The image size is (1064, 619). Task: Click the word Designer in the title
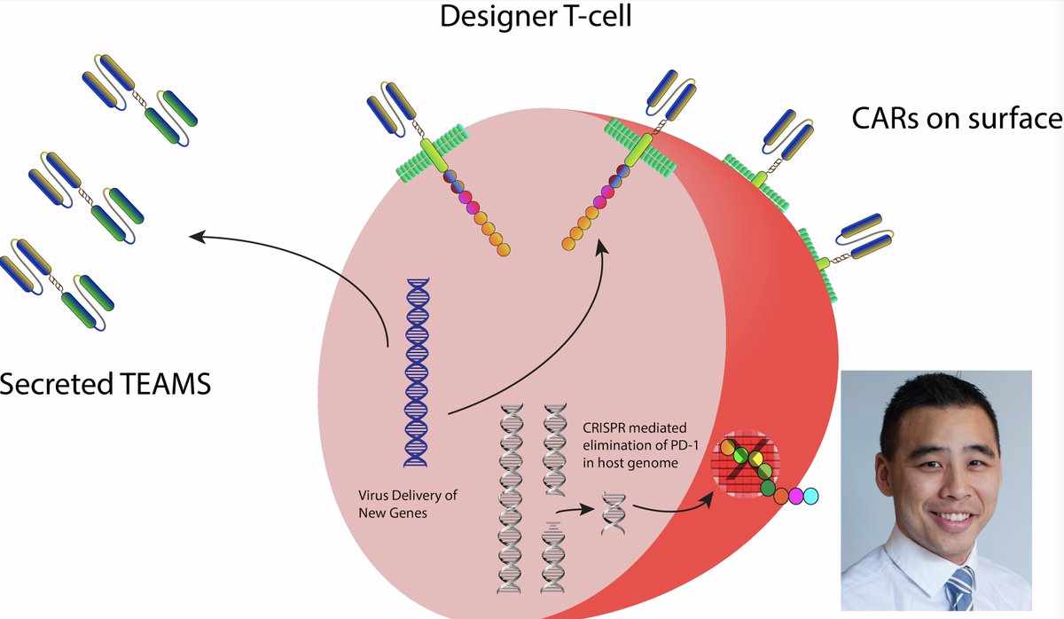(x=498, y=17)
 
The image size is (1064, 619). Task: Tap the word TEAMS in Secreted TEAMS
(x=166, y=384)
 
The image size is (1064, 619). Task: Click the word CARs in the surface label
(x=886, y=118)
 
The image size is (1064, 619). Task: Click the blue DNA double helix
(x=417, y=373)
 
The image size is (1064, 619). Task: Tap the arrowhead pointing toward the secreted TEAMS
(x=197, y=236)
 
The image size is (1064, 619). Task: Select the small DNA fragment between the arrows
(x=614, y=514)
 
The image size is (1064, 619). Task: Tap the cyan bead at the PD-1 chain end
(x=810, y=496)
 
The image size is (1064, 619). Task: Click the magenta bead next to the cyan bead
(x=795, y=496)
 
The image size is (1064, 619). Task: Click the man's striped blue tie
(x=959, y=589)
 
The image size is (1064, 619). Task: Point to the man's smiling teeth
(x=951, y=517)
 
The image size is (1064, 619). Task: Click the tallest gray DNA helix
(x=510, y=498)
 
